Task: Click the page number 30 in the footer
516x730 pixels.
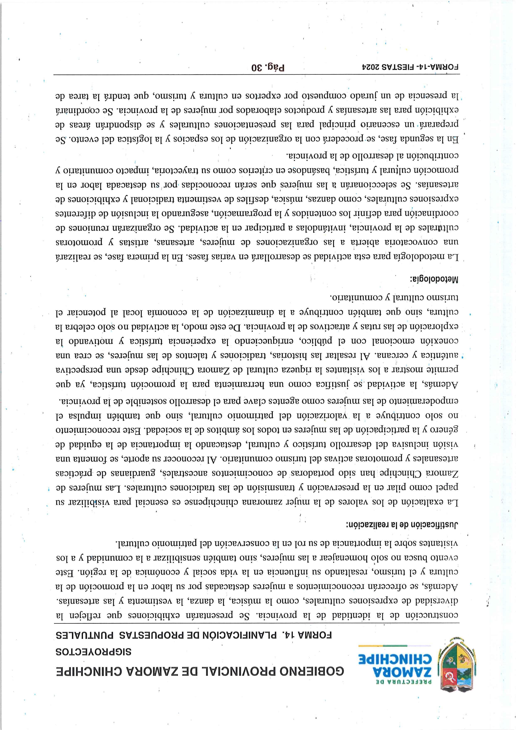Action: pyautogui.click(x=257, y=68)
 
